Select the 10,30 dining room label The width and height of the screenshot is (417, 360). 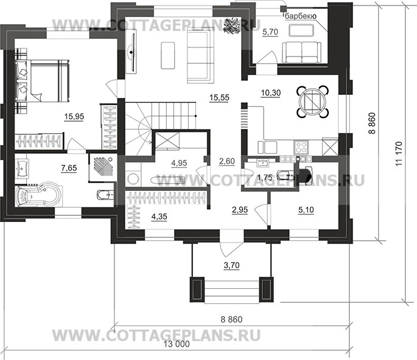point(268,92)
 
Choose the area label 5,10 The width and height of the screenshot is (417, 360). point(308,210)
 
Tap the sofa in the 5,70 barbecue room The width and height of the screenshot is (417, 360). point(304,49)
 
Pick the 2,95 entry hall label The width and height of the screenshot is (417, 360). point(240,210)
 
